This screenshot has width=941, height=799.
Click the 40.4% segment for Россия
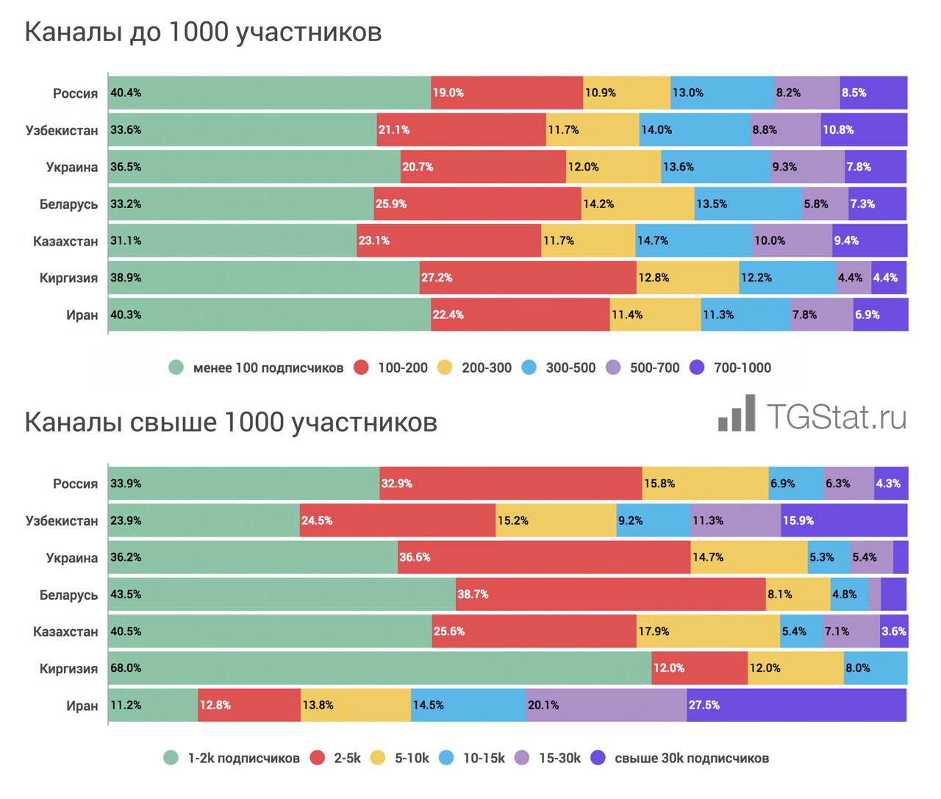pos(269,93)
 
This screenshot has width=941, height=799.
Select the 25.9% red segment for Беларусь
pos(477,204)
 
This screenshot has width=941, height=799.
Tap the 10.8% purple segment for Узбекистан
pos(864,129)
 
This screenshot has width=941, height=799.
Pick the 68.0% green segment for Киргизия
pos(379,668)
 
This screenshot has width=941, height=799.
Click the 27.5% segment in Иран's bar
pos(797,705)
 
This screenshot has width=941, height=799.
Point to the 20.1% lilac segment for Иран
pos(607,705)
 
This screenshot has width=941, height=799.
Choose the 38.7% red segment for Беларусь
pos(610,594)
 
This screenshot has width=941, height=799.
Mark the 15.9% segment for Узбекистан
pos(844,520)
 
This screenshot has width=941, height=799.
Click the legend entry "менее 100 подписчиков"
pos(256,368)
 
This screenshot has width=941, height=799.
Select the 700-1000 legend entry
pos(731,368)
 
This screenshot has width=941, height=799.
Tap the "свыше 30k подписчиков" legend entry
pos(681,758)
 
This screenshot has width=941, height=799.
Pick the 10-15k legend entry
pos(472,758)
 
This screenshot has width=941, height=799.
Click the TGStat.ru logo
pos(812,415)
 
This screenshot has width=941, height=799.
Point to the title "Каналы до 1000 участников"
pos(204,32)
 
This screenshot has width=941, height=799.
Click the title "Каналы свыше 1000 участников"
pos(231,423)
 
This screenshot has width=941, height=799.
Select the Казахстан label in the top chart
pos(65,241)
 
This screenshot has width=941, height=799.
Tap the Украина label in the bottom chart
pos(71,558)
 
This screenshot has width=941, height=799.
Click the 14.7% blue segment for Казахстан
pos(694,240)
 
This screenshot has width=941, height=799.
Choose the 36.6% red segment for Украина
pos(544,557)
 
